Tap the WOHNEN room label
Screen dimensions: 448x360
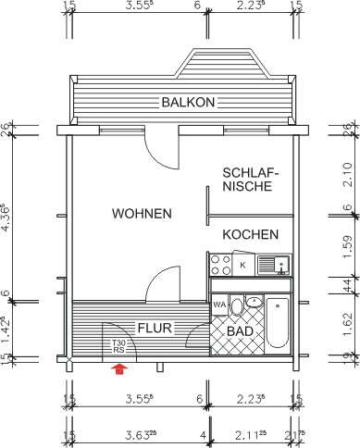click(142, 214)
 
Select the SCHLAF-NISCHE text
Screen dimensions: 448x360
click(246, 180)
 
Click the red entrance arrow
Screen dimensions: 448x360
click(118, 369)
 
